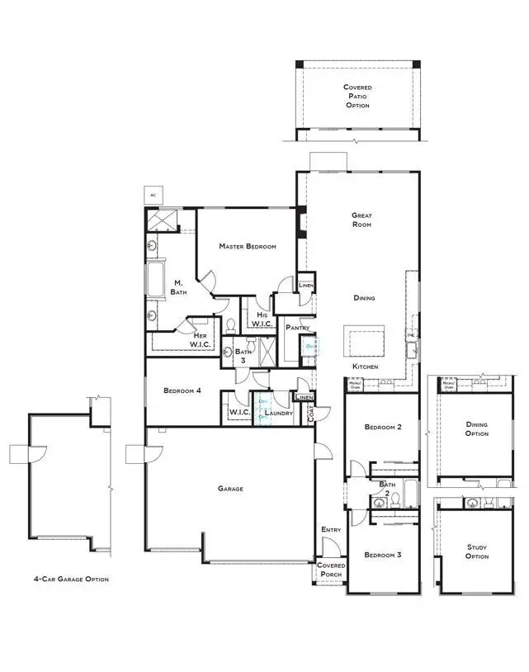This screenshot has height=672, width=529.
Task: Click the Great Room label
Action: click(x=363, y=220)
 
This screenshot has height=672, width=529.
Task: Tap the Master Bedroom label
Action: click(x=247, y=246)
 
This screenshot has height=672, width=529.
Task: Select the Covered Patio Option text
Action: click(x=357, y=96)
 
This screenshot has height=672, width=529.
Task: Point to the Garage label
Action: click(x=230, y=489)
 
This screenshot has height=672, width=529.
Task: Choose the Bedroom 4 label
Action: click(x=182, y=390)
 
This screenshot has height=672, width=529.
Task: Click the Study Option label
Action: click(x=476, y=551)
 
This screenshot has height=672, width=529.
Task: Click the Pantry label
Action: click(x=297, y=328)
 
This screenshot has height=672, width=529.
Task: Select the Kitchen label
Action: click(x=366, y=365)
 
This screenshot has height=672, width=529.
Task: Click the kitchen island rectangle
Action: click(x=365, y=339)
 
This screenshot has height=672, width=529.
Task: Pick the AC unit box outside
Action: click(x=153, y=195)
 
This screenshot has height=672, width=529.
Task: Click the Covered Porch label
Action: click(x=331, y=570)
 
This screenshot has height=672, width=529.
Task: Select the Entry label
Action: click(x=330, y=530)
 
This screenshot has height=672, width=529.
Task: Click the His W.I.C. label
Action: click(x=262, y=319)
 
